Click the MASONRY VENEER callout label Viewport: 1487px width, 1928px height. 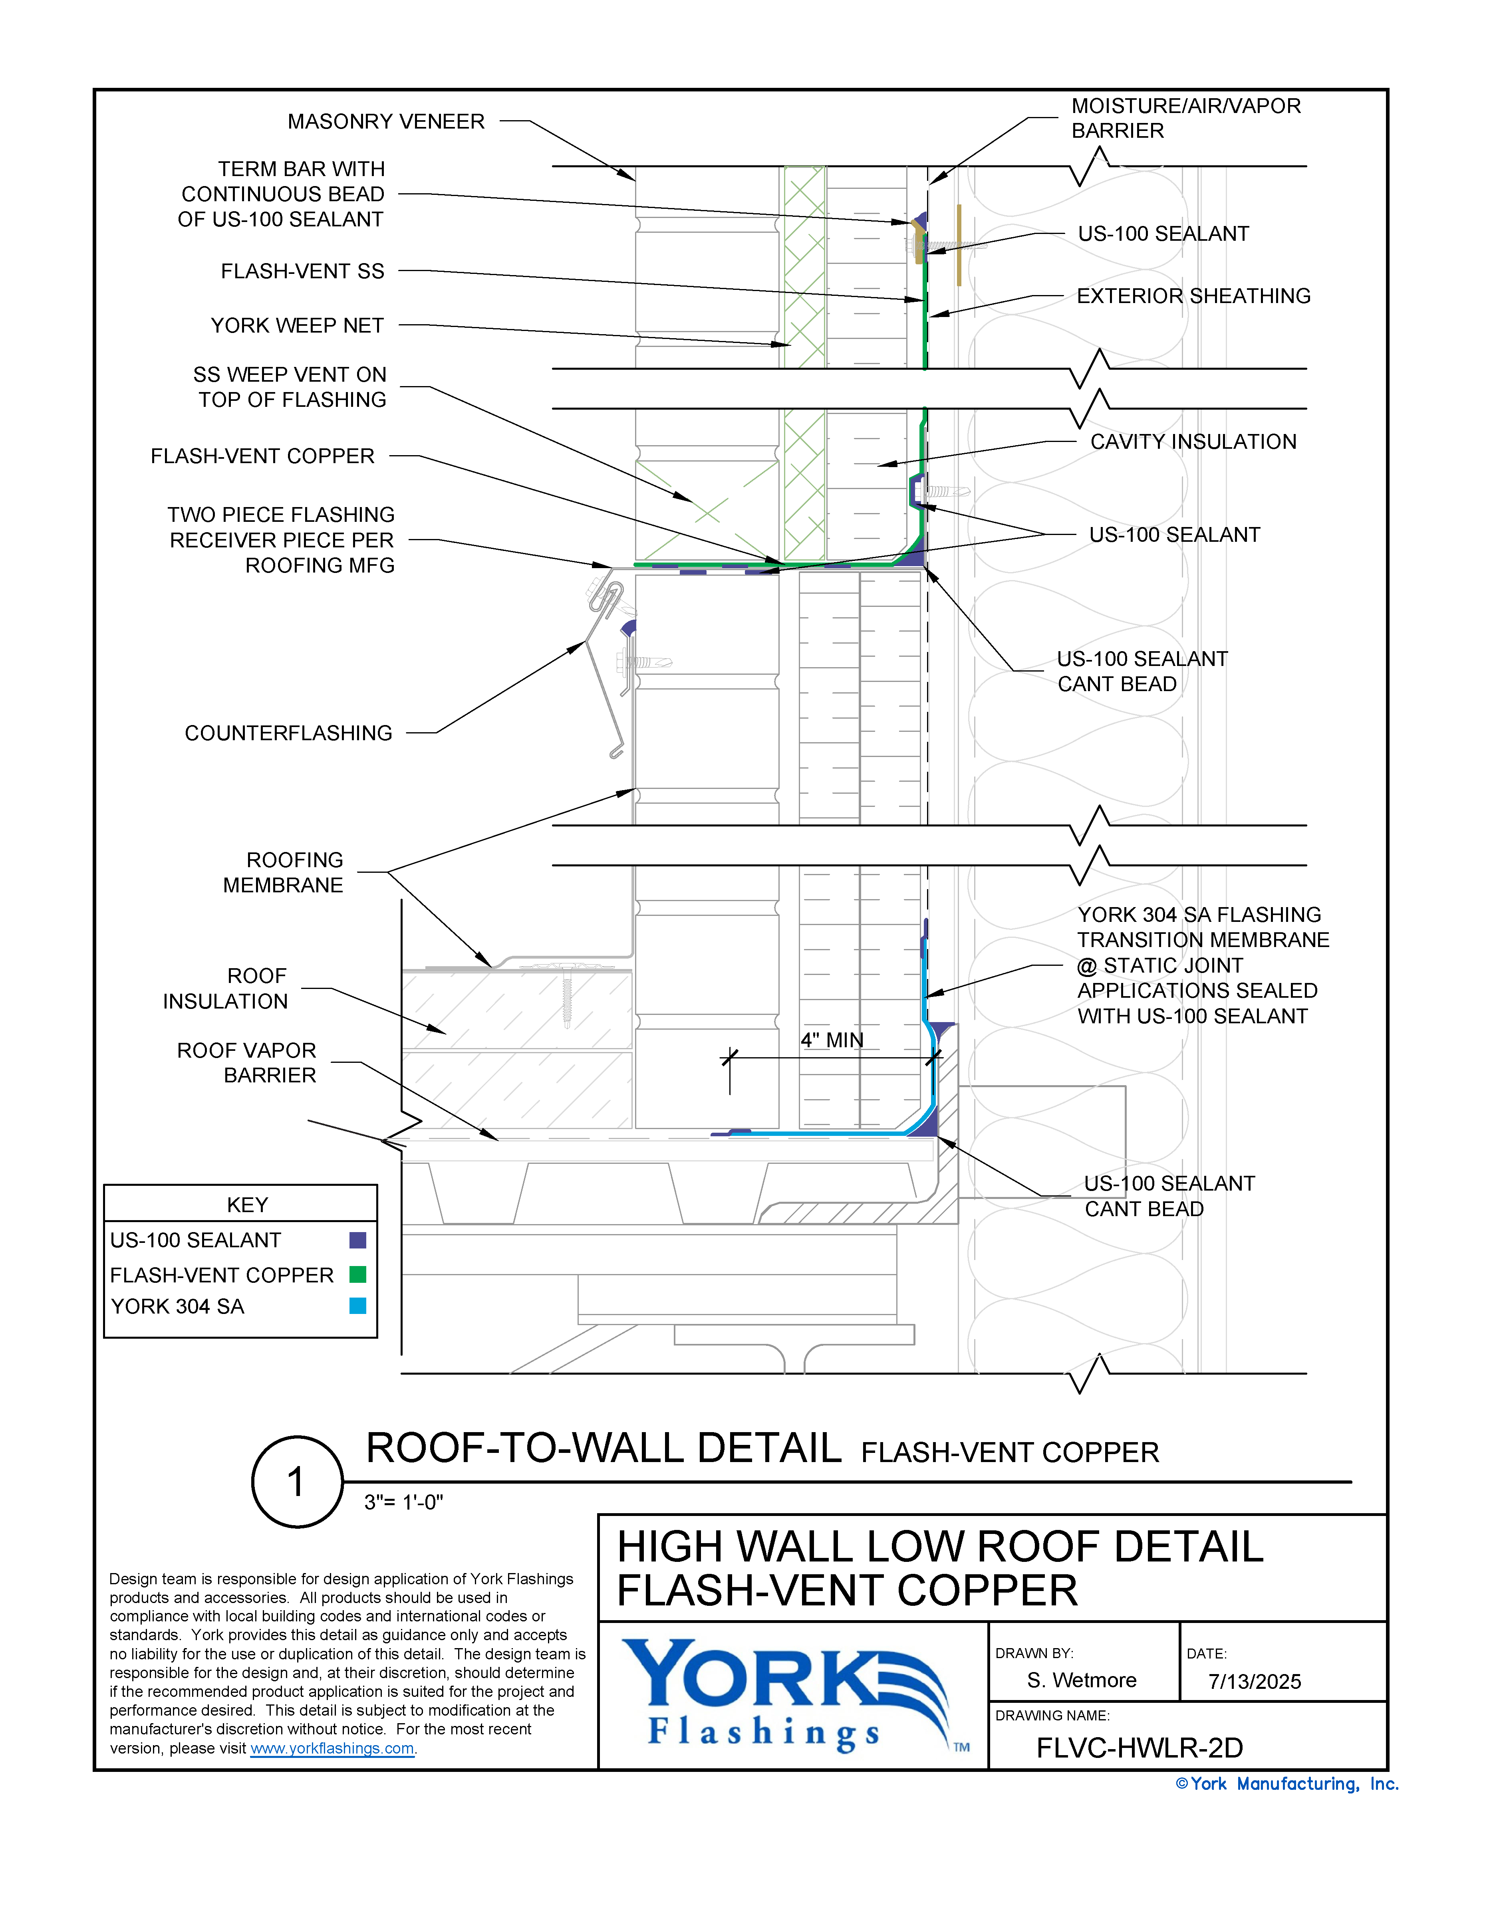pos(386,122)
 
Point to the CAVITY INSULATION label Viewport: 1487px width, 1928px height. pos(1193,442)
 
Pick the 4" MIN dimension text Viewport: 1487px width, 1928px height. pos(832,1041)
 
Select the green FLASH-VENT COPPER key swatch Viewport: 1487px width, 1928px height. pos(357,1274)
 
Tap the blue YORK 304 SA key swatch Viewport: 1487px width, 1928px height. pos(357,1306)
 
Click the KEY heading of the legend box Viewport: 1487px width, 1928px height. pos(247,1205)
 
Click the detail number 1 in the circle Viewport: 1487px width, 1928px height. pos(297,1482)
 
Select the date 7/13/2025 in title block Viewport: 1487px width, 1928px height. pos(1254,1682)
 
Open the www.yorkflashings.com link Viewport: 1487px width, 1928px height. pos(332,1749)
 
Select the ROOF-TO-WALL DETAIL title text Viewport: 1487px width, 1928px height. pos(603,1448)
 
